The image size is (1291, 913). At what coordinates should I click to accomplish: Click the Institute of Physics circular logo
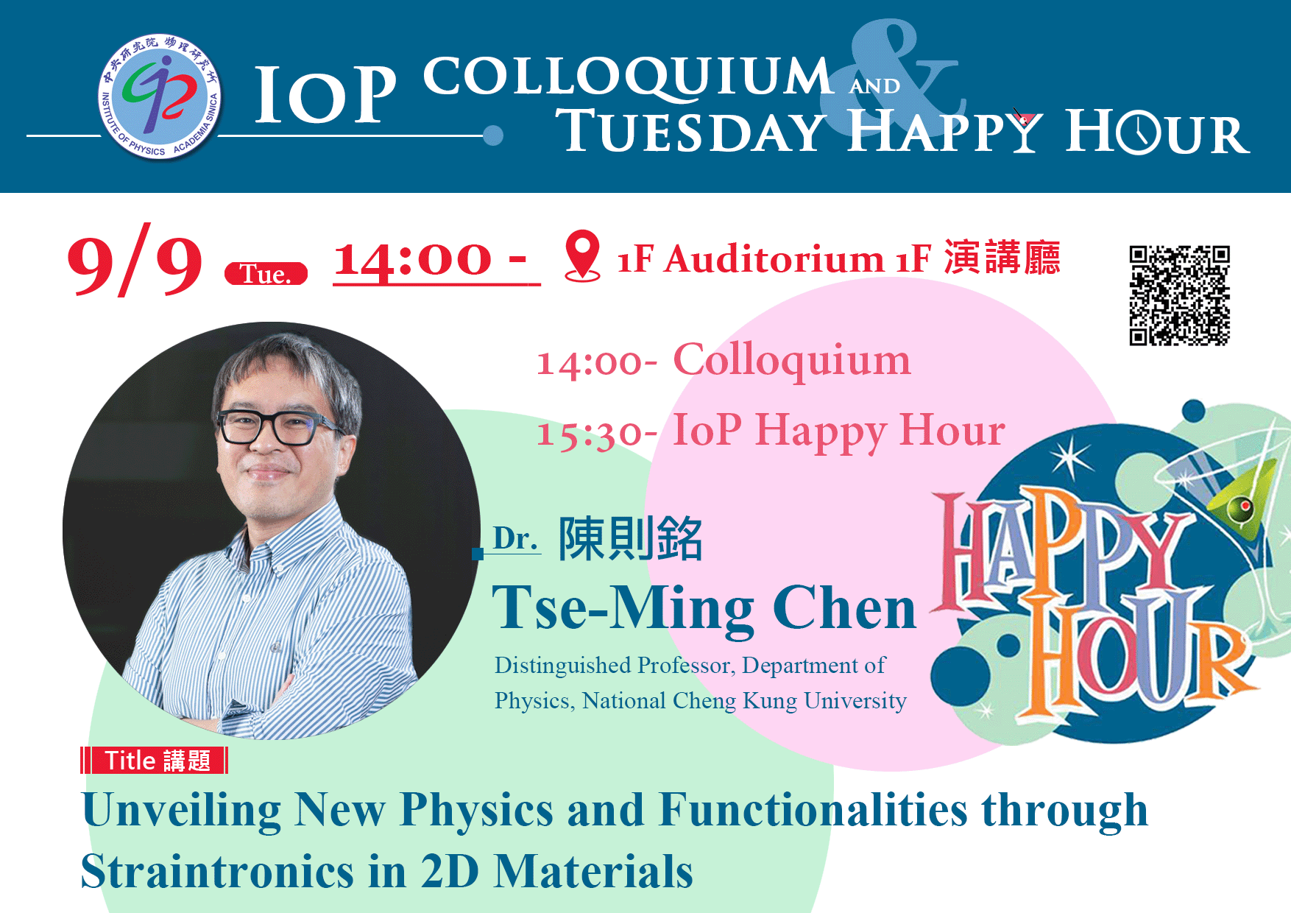[160, 96]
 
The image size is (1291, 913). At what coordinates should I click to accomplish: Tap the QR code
[1179, 295]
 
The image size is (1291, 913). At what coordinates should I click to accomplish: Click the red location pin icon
[582, 255]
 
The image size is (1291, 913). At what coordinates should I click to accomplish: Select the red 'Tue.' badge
[266, 274]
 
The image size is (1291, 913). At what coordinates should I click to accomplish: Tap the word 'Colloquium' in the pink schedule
[792, 361]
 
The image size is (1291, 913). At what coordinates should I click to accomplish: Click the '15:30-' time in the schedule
[597, 433]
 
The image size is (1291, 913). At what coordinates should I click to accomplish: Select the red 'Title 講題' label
[155, 760]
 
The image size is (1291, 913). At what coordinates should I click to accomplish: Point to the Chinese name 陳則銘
[631, 538]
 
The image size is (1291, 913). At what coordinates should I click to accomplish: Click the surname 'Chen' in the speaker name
[844, 608]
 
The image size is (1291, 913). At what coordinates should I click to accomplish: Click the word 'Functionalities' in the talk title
[813, 810]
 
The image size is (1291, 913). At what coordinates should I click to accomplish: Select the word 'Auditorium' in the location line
[774, 259]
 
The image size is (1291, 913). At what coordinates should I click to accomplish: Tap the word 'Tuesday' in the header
[691, 132]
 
